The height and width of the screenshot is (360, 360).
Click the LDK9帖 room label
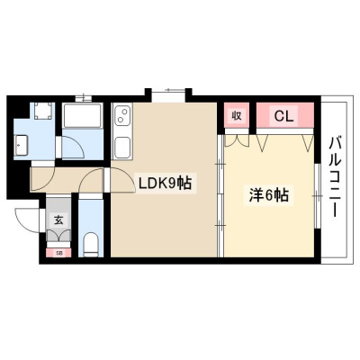coord(165,183)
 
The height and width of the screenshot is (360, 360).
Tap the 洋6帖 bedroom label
coord(268,195)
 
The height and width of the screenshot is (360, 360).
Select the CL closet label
coord(283,117)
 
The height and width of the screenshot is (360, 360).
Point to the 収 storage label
coord(237,115)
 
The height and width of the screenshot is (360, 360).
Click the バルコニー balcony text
coord(335,177)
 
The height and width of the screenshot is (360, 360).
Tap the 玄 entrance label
coord(58,220)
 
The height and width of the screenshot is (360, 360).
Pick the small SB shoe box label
coord(59,254)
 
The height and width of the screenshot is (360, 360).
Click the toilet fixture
coord(91,245)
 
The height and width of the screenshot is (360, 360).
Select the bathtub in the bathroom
coord(83,116)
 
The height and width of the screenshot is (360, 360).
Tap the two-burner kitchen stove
coord(122,115)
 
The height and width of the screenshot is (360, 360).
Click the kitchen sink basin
coord(121,148)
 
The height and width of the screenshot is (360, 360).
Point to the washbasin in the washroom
coord(21,146)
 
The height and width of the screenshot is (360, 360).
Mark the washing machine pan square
coord(42,111)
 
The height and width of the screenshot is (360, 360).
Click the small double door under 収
coord(237,141)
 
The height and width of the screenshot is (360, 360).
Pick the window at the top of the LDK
coord(168,93)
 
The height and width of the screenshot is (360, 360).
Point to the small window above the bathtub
coord(83,99)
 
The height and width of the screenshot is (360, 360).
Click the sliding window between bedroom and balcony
coord(317,196)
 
